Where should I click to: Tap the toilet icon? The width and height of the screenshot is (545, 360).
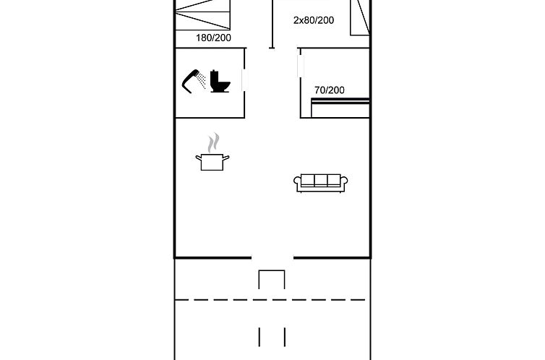tap(220, 82)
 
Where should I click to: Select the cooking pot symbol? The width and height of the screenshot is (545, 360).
tap(213, 162)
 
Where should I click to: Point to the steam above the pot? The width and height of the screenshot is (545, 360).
tap(214, 143)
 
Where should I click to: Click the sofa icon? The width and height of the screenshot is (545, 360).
tap(320, 183)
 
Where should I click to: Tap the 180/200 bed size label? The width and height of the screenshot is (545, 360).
tap(213, 38)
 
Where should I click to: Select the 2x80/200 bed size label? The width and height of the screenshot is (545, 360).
tap(314, 20)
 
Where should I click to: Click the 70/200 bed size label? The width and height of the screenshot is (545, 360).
tap(330, 90)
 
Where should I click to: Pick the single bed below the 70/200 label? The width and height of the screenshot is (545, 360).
tap(340, 108)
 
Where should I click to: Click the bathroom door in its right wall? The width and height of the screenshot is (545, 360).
tap(245, 80)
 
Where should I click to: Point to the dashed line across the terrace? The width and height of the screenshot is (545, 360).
tap(270, 299)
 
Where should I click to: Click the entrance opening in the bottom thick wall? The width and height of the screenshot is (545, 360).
tap(272, 258)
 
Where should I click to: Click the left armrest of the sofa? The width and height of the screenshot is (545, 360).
tap(298, 182)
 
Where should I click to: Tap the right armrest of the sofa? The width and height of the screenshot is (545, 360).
tap(344, 182)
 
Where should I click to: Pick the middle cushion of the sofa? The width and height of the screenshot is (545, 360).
tap(320, 180)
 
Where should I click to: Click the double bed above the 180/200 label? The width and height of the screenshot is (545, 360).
tap(202, 14)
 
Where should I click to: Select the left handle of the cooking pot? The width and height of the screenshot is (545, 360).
tap(199, 158)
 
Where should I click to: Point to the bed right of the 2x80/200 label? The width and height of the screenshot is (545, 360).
tap(360, 17)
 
